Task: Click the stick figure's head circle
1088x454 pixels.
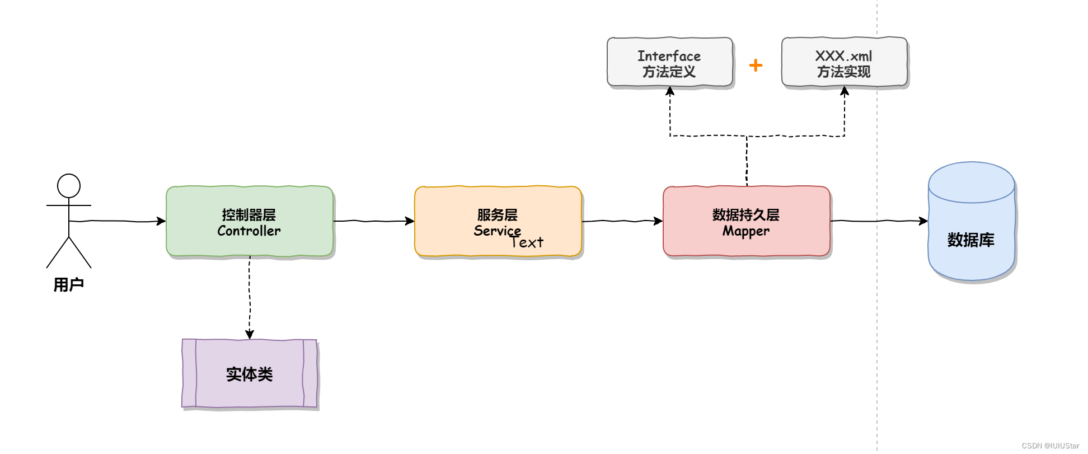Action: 69,186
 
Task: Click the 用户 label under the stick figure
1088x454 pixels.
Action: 69,285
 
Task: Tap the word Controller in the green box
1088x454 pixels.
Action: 249,231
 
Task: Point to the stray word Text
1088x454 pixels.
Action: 527,242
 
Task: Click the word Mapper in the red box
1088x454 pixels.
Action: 746,231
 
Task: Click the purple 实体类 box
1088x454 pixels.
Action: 250,373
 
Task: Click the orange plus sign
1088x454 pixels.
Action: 756,65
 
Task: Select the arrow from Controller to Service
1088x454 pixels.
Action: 374,221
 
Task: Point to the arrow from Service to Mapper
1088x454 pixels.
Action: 622,221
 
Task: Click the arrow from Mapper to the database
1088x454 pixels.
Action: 879,221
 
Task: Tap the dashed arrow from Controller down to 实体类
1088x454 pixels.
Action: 250,297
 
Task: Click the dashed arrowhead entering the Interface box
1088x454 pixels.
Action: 670,91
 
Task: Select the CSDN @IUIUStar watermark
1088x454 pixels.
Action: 1050,446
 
